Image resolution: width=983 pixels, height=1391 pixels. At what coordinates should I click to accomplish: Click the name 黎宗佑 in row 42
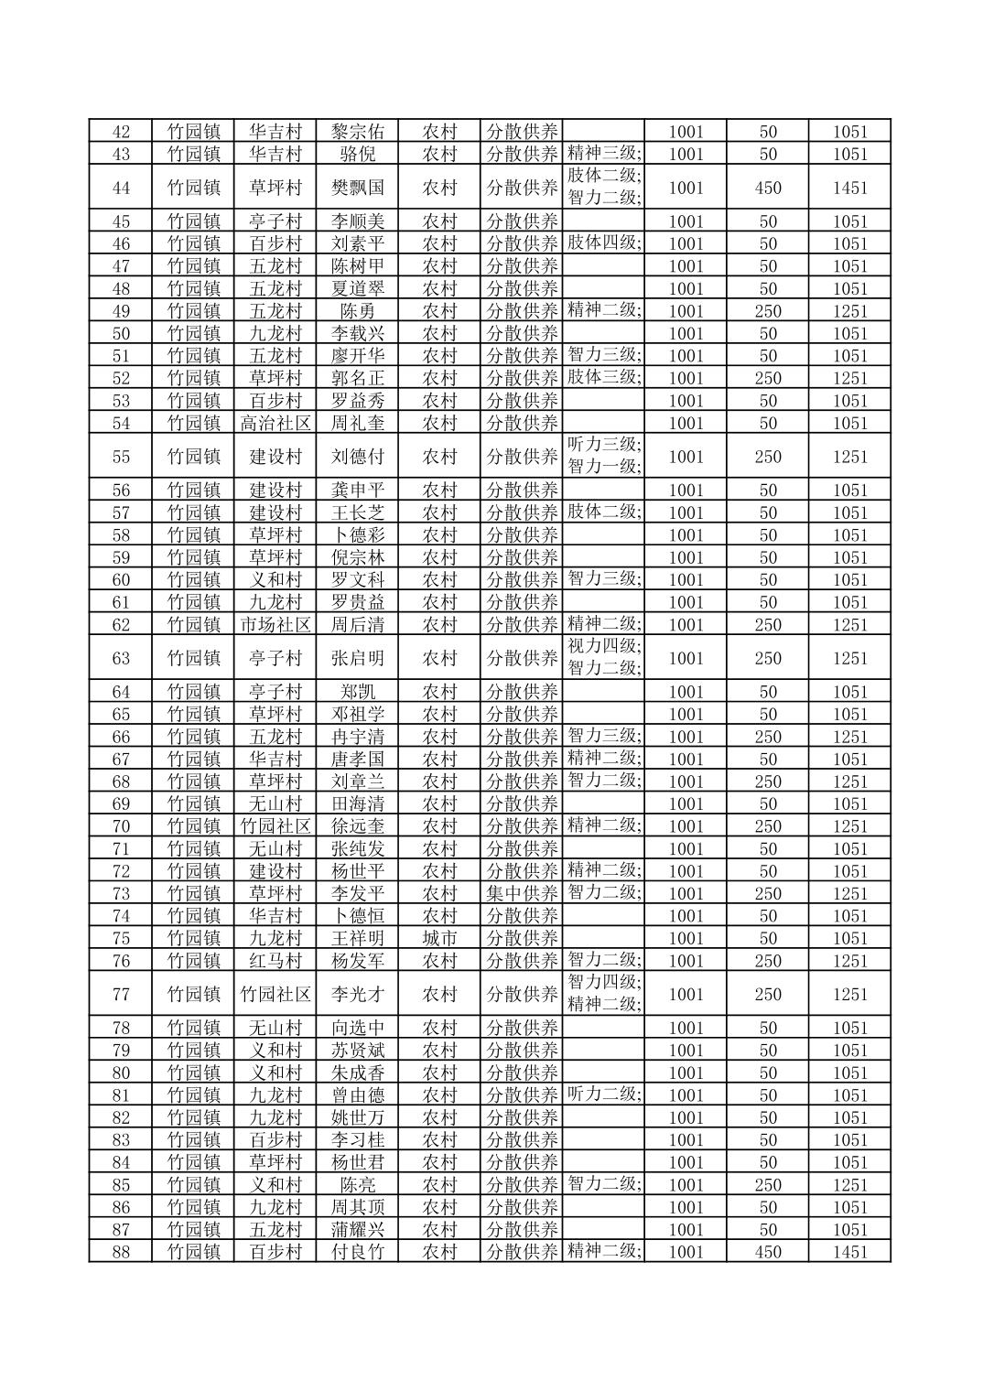(x=357, y=132)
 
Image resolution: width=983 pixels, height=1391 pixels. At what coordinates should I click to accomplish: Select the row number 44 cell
(x=121, y=188)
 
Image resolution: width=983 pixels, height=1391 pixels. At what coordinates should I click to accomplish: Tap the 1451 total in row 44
(x=848, y=188)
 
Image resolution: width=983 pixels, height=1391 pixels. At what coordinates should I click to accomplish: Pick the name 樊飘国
(x=357, y=188)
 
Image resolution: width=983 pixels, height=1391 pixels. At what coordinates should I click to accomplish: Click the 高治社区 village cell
(x=275, y=423)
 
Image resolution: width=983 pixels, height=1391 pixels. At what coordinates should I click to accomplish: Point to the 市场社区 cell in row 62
(x=275, y=624)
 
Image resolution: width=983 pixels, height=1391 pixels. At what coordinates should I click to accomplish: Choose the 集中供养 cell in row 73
(x=521, y=893)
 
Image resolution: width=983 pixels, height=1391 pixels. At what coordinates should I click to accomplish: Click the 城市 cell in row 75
(x=439, y=938)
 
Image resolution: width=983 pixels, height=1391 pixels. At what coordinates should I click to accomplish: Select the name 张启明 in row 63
(x=357, y=658)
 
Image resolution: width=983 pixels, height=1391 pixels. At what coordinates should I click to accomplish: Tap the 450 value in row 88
(x=767, y=1252)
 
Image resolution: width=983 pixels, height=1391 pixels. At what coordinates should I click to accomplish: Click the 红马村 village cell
(x=275, y=961)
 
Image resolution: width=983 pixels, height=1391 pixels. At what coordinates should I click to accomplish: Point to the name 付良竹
(x=357, y=1252)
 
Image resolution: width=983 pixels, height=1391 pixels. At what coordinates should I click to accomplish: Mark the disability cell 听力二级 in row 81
(x=604, y=1094)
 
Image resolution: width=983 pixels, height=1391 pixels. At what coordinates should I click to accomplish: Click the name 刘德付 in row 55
(x=357, y=457)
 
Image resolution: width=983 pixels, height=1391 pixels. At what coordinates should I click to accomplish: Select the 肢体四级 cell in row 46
(x=604, y=243)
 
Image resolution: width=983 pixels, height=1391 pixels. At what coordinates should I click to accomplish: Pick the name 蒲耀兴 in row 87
(x=357, y=1229)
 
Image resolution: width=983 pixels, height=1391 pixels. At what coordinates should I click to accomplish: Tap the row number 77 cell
(x=121, y=994)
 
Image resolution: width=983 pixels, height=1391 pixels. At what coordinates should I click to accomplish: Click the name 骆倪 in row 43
(x=357, y=154)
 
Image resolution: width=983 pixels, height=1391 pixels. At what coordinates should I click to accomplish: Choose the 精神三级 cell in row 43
(x=604, y=153)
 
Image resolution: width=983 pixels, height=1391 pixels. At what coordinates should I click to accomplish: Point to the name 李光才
(x=357, y=994)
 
